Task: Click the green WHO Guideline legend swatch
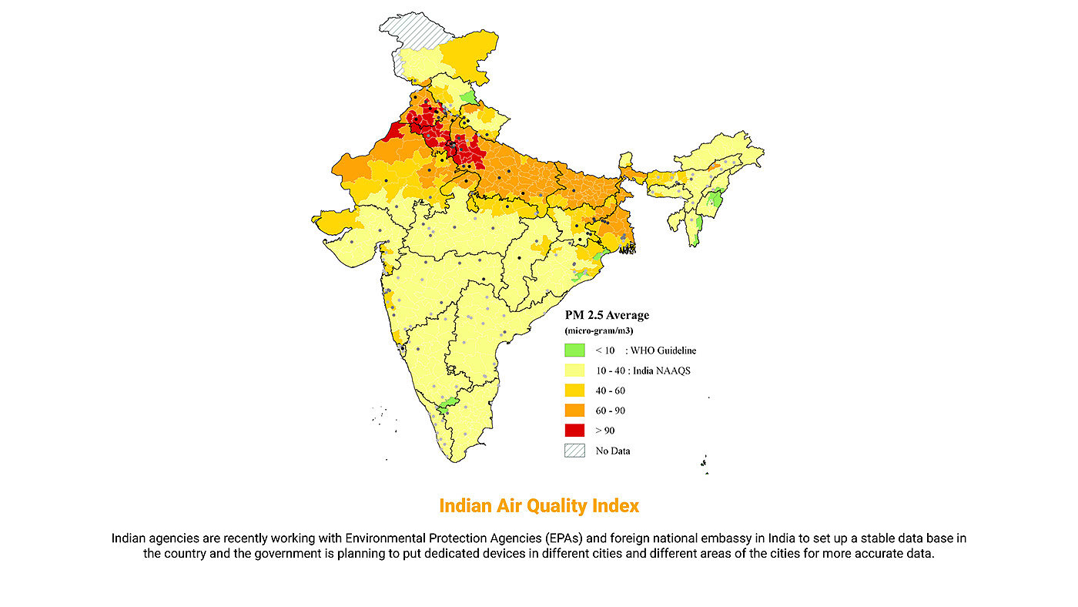click(574, 350)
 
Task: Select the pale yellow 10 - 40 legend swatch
click(574, 371)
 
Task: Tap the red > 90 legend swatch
click(574, 431)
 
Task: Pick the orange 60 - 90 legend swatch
click(574, 411)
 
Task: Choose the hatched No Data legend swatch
click(574, 451)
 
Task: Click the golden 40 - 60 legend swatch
click(574, 391)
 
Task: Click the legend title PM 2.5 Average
click(607, 315)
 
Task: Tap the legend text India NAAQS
click(663, 371)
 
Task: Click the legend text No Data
click(613, 451)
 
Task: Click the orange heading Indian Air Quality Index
click(539, 506)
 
